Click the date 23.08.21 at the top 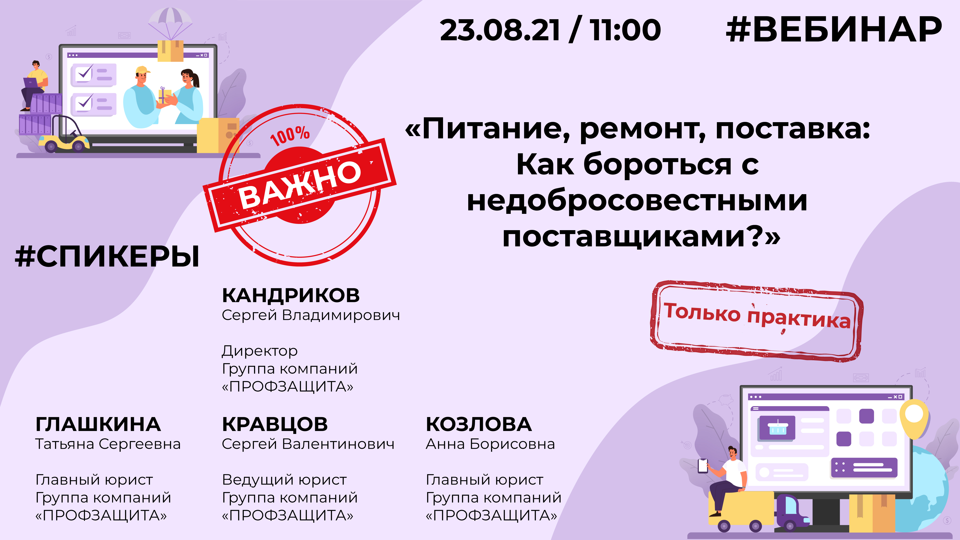point(500,30)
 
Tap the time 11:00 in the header point(625,30)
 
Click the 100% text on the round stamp point(290,136)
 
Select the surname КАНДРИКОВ point(291,295)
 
